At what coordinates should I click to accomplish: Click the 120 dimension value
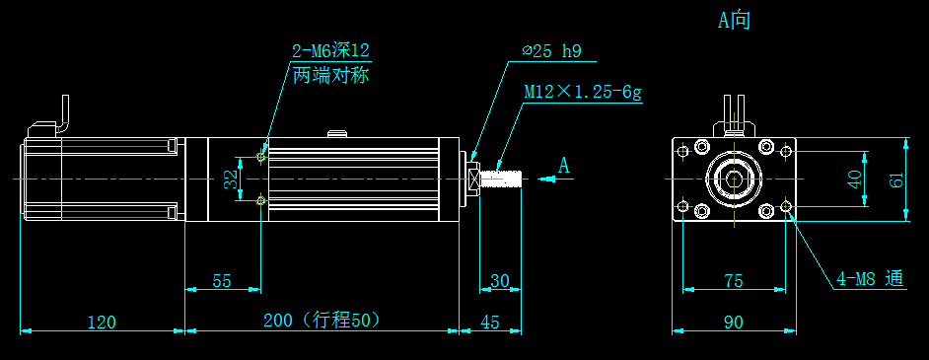[102, 322]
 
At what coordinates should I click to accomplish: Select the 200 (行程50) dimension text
[322, 321]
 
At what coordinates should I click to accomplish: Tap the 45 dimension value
[490, 322]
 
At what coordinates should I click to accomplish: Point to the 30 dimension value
[500, 281]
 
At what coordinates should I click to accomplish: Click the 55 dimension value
[222, 281]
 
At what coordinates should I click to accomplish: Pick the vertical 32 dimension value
[230, 180]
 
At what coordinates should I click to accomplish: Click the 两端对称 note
[330, 75]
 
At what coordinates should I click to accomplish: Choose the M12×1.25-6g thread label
[583, 93]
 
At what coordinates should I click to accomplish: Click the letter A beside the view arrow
[564, 165]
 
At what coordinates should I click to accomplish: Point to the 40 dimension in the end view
[855, 180]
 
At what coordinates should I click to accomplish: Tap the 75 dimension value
[733, 281]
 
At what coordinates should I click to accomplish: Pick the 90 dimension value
[733, 322]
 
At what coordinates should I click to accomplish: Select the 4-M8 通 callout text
[870, 279]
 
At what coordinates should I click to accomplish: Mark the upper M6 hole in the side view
[260, 156]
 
